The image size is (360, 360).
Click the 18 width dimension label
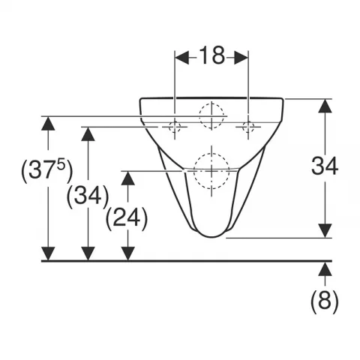(x=212, y=55)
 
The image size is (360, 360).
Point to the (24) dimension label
(x=127, y=218)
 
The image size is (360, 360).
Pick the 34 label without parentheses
(x=325, y=166)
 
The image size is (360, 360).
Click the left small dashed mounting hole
(x=175, y=127)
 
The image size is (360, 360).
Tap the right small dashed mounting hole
(x=248, y=127)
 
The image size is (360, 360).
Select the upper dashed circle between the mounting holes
(x=211, y=115)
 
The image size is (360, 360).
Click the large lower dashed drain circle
(x=211, y=171)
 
